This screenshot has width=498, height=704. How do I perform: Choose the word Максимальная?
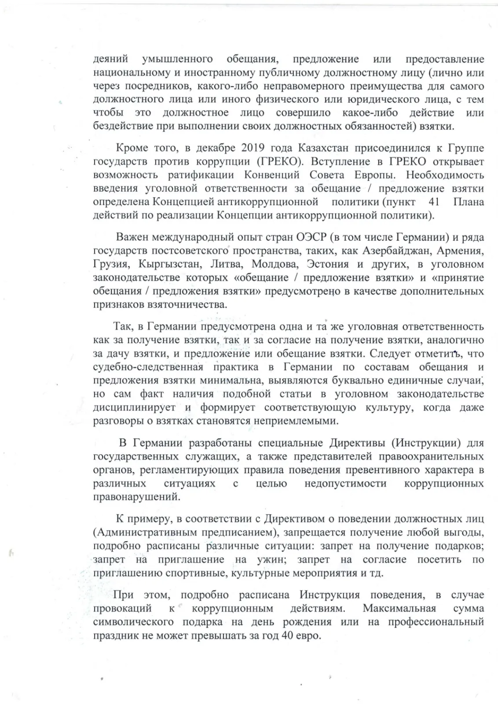(x=399, y=609)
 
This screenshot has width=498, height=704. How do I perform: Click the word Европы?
(x=375, y=175)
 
